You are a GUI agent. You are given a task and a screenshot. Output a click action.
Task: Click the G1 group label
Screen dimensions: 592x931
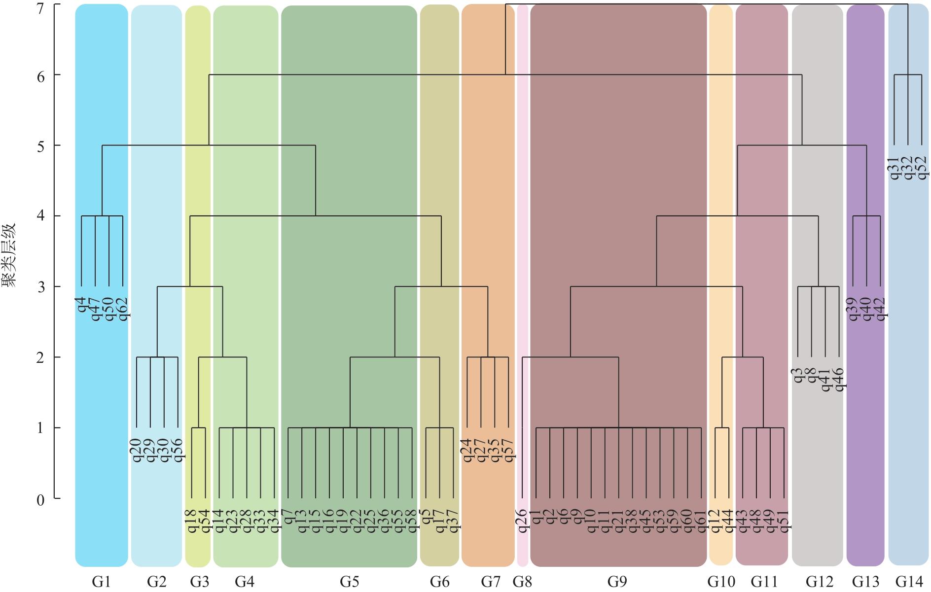click(x=101, y=582)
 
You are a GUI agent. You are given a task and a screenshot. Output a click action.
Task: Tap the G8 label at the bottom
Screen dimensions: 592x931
click(x=522, y=582)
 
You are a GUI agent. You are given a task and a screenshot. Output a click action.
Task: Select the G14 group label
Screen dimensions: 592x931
click(x=908, y=582)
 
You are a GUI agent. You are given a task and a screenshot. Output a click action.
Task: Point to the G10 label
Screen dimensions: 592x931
click(x=721, y=582)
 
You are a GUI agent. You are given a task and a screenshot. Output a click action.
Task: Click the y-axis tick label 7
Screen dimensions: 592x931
click(x=41, y=7)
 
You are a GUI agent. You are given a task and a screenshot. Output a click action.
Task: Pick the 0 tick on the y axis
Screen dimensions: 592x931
click(x=41, y=500)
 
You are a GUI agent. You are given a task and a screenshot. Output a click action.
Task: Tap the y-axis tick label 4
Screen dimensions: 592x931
click(x=41, y=216)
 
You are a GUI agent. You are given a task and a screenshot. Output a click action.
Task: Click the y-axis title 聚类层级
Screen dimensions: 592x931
click(x=10, y=255)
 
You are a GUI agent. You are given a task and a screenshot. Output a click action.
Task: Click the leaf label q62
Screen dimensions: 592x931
click(x=123, y=309)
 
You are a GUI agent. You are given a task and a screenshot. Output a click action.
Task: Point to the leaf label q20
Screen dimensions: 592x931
click(x=137, y=451)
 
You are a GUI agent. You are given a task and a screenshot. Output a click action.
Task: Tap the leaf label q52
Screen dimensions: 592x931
click(x=922, y=168)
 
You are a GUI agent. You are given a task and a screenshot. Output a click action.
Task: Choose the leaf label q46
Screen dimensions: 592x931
click(x=839, y=380)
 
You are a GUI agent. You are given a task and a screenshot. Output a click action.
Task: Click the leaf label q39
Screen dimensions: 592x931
click(x=853, y=309)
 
